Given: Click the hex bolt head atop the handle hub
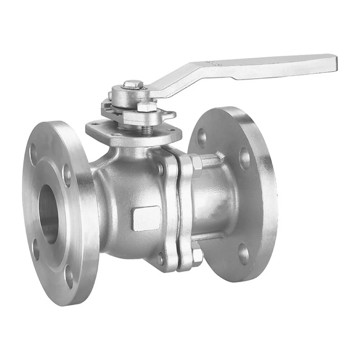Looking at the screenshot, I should pyautogui.click(x=133, y=84).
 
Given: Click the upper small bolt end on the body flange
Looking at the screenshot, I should pyautogui.click(x=160, y=169).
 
